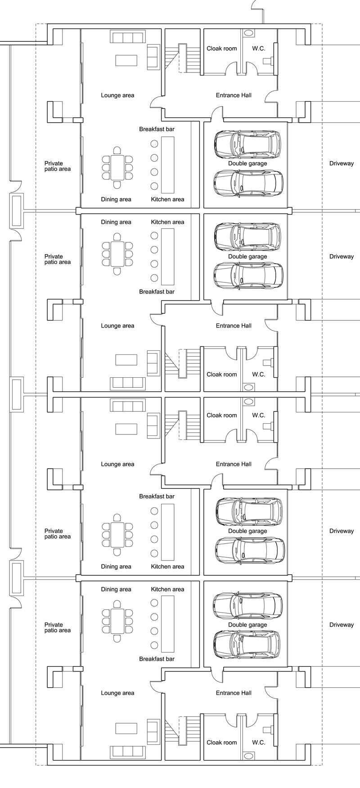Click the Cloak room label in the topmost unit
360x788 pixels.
pos(221,48)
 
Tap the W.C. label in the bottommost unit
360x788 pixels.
pos(259,742)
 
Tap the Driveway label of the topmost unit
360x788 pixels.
pos(342,163)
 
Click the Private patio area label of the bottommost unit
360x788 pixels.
pos(58,627)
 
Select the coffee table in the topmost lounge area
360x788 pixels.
pos(126,60)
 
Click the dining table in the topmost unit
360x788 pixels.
pos(117,167)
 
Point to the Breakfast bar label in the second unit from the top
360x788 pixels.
pos(157,292)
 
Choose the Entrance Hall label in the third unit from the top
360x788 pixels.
pos(234,464)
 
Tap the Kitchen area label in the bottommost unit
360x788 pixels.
pos(167,589)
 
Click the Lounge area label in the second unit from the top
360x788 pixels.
pos(117,326)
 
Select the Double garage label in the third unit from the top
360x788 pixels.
pos(247,531)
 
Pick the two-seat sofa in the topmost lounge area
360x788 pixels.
pos(153,57)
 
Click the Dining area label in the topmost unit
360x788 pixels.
pos(116,199)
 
